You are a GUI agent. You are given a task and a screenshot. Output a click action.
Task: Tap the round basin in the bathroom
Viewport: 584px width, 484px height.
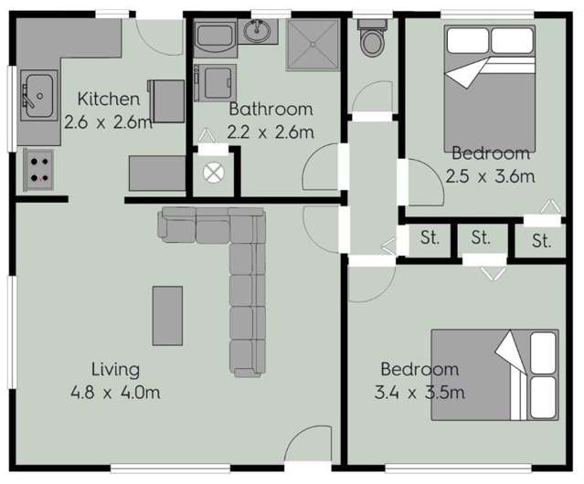point(258,34)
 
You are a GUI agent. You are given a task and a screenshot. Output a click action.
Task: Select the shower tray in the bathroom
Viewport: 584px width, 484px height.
point(312,43)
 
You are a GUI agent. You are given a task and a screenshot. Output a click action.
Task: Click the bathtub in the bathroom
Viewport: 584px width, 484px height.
point(215,38)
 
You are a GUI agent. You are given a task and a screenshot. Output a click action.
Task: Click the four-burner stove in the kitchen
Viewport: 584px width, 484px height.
point(38,169)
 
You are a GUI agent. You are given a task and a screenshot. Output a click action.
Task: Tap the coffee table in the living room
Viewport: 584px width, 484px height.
point(166,316)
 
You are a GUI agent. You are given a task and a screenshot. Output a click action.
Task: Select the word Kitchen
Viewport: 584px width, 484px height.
point(109,99)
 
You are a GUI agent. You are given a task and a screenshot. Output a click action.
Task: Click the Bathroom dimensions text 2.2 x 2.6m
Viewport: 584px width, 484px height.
point(271,132)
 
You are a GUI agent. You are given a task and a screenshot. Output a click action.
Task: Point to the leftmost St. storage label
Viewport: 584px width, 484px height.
point(430,239)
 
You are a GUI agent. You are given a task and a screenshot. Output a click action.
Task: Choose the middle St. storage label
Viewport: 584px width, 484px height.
point(482,239)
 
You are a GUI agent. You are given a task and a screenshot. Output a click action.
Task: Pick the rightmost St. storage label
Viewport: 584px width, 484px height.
point(541,242)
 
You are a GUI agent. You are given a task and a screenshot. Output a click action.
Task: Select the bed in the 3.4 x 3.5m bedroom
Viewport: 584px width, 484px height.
point(494,374)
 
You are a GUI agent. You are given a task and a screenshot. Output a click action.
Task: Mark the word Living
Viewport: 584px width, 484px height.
point(115,370)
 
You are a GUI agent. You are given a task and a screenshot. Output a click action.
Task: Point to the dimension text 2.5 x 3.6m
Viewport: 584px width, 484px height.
point(490,176)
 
